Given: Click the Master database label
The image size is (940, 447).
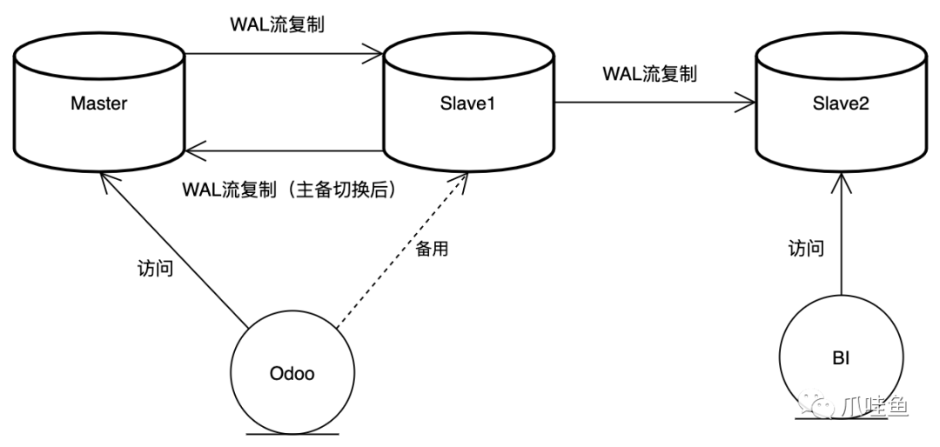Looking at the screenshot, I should [98, 104].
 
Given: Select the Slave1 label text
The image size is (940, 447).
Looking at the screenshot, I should [467, 104].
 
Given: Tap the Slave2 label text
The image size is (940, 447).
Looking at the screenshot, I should [840, 104].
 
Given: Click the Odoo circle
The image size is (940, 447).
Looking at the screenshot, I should [292, 375].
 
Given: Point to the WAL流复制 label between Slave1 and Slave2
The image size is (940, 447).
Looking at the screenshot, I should [648, 74].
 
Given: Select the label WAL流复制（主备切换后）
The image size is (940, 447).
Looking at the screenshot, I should [290, 190].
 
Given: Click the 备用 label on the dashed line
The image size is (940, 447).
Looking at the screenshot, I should [432, 250].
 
